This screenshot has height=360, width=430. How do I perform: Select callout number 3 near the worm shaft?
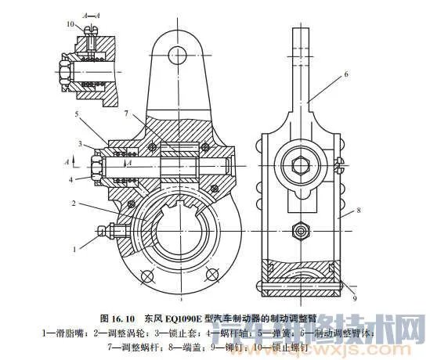81,144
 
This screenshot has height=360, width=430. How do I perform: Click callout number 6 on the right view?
344,74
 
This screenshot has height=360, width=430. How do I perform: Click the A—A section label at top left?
102,13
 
